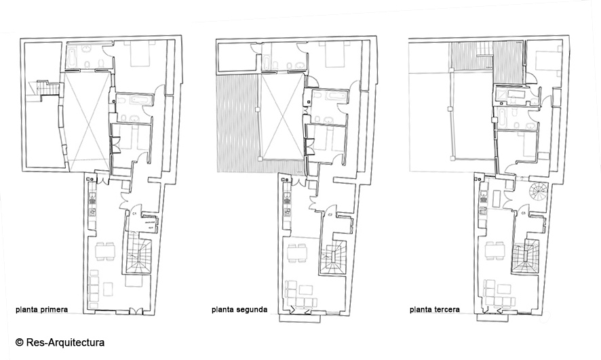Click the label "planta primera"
pyautogui.click(x=42, y=309)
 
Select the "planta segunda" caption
pyautogui.click(x=239, y=309)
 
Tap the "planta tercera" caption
pyautogui.click(x=435, y=309)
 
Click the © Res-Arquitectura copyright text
pyautogui.click(x=60, y=342)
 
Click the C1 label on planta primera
pyautogui.click(x=135, y=213)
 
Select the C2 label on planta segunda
pyautogui.click(x=330, y=214)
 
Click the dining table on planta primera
pyautogui.click(x=105, y=252)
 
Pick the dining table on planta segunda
pyautogui.click(x=296, y=254)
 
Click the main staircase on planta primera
pyautogui.click(x=139, y=256)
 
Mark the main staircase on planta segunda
pyautogui.click(x=334, y=258)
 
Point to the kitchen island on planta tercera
pyautogui.click(x=498, y=197)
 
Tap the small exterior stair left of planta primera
pyautogui.click(x=49, y=89)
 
